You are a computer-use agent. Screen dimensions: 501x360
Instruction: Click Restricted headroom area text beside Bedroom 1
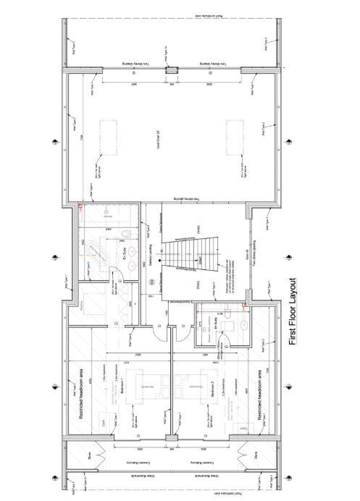[82, 395]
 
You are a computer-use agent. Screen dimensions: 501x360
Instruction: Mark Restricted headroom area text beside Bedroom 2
[258, 395]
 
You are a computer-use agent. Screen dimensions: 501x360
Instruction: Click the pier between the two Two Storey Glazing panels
[171, 71]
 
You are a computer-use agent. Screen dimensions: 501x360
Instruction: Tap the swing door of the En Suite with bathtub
[116, 274]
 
